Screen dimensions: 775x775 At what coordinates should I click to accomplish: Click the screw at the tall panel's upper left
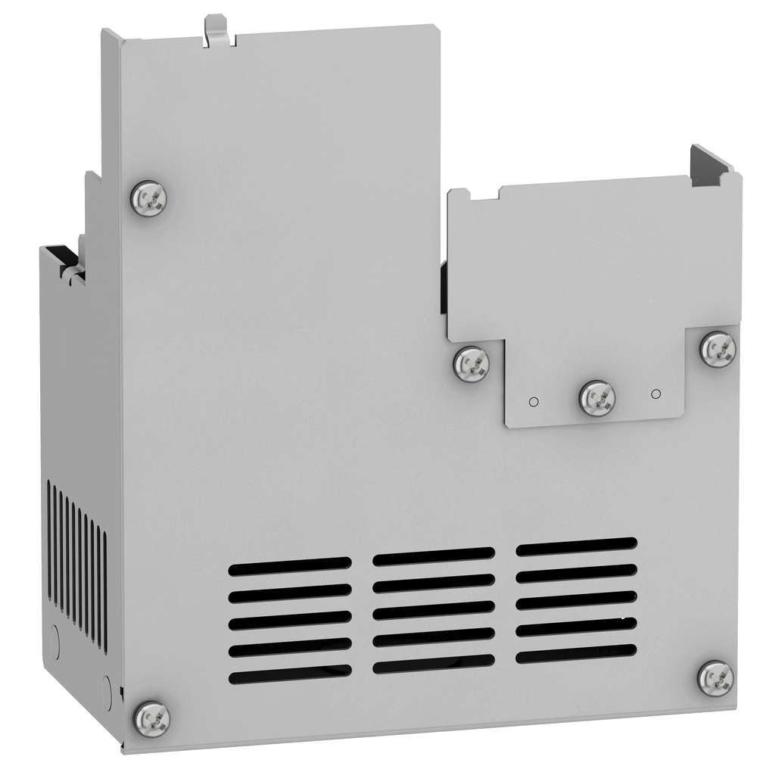click(x=148, y=199)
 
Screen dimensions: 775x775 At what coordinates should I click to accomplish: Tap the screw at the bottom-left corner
click(x=151, y=717)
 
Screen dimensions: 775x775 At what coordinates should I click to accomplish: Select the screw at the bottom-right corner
click(x=715, y=678)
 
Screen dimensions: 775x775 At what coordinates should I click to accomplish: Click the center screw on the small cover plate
click(x=597, y=398)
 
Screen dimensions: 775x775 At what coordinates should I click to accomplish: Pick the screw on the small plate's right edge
click(x=717, y=350)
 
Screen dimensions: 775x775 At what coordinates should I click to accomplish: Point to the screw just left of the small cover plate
click(x=472, y=364)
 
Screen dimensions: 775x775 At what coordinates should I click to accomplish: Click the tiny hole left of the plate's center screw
click(x=533, y=401)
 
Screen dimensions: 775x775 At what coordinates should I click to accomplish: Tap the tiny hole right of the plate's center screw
click(x=656, y=394)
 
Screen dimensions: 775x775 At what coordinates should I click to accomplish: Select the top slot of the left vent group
click(x=290, y=565)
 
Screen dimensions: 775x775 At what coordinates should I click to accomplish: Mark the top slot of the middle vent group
click(x=434, y=556)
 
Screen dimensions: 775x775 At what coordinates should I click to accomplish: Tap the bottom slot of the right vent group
click(x=577, y=652)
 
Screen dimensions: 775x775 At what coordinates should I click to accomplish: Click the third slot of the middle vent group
click(x=434, y=610)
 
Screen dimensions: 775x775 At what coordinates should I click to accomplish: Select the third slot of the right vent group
click(x=577, y=599)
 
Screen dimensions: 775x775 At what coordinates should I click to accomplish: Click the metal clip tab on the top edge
click(x=217, y=29)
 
